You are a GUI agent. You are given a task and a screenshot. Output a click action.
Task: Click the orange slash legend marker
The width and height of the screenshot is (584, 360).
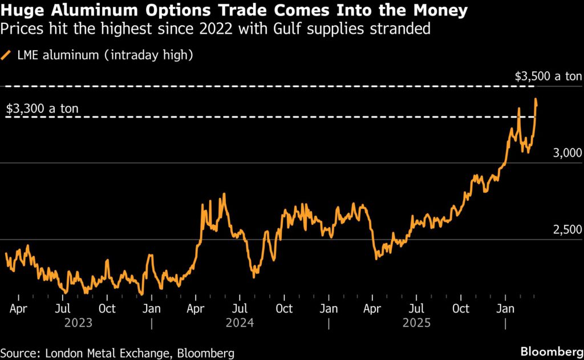point(6,55)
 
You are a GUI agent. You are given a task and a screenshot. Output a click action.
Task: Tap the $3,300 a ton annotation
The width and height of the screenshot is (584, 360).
point(42,108)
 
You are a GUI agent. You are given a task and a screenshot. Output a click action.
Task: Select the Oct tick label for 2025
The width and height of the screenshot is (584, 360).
point(461,309)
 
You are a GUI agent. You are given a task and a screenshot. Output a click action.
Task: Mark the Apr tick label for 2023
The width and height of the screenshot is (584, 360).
point(19,309)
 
